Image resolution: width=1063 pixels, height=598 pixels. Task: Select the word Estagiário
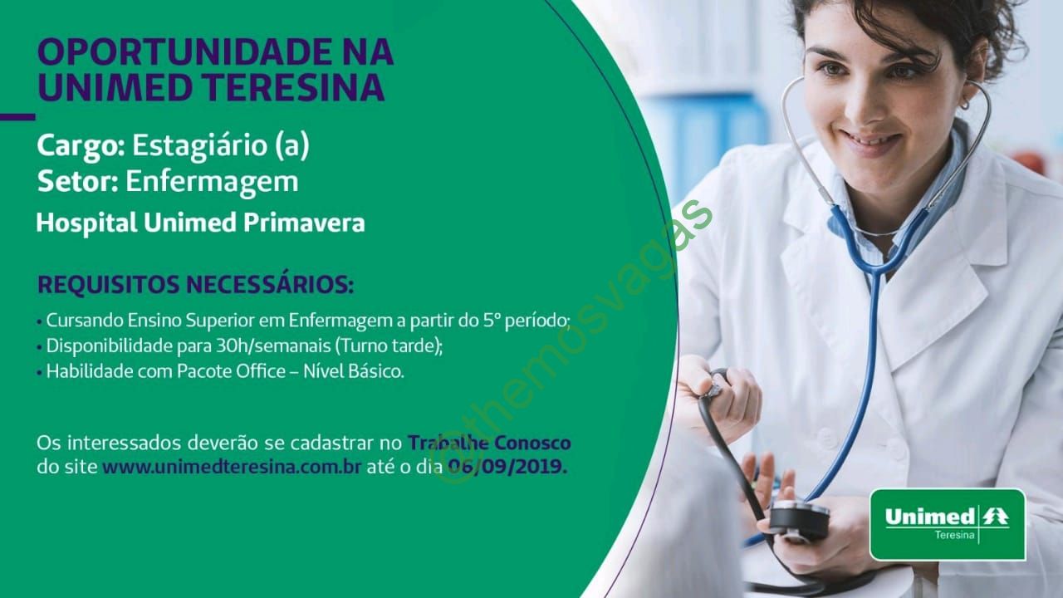coord(200,146)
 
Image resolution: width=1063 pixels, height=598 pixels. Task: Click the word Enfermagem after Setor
coord(212,183)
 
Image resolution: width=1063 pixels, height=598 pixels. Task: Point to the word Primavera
coord(304,223)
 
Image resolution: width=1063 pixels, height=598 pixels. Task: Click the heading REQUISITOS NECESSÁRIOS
coord(195,285)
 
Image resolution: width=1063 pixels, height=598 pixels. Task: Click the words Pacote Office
coord(232,371)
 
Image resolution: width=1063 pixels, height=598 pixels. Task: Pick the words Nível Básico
coord(354,371)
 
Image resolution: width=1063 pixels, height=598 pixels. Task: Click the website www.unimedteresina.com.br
coord(232,467)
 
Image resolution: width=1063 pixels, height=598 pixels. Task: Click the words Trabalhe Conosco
coord(489,443)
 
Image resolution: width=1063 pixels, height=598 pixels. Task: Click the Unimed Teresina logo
coord(948,525)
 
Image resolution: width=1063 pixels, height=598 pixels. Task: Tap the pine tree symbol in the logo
coord(995,517)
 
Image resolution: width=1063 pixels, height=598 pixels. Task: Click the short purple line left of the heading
coord(17,117)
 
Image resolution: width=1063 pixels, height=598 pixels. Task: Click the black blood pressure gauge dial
coord(799,519)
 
